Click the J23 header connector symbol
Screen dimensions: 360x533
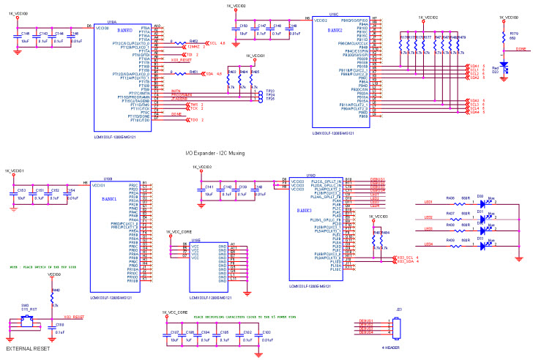pyautogui.click(x=398, y=326)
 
